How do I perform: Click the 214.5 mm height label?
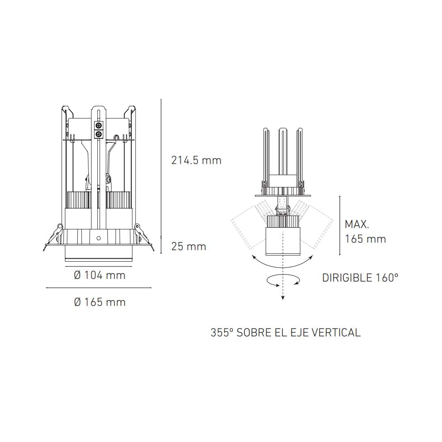point(196,160)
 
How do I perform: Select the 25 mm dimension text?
point(189,246)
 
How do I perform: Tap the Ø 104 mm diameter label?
point(99,275)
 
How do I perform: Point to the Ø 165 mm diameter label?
point(99,302)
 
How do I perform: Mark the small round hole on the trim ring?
point(99,238)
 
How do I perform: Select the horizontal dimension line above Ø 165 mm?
point(99,288)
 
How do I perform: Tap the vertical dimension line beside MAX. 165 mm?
point(339,226)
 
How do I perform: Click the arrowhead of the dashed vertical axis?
point(282,298)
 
